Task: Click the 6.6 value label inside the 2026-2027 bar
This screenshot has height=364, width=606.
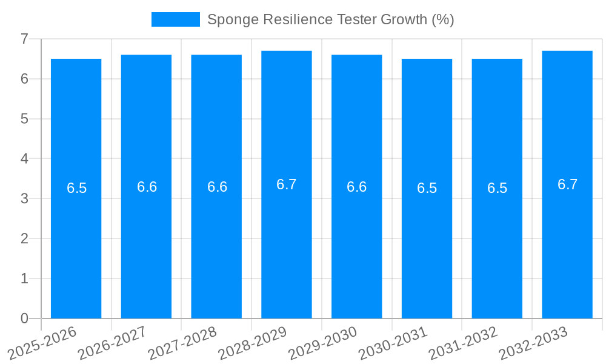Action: (x=147, y=187)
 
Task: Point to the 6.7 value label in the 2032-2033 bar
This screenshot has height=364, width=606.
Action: (x=567, y=184)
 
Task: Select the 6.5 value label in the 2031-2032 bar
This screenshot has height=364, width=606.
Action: (x=497, y=188)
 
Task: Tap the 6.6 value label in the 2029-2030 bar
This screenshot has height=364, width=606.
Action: (x=356, y=187)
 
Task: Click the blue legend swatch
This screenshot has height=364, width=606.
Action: (x=175, y=19)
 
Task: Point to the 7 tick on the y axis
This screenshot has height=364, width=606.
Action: (x=24, y=39)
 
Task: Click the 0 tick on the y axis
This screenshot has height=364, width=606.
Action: (x=24, y=318)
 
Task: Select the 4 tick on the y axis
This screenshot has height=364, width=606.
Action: (x=24, y=159)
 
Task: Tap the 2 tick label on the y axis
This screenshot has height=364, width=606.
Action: (x=24, y=238)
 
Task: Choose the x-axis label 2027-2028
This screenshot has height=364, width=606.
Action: (x=182, y=343)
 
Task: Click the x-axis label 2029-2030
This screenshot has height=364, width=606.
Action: (x=322, y=343)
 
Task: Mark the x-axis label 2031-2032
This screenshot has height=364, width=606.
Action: (x=463, y=343)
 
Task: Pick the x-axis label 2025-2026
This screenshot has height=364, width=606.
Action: (x=42, y=343)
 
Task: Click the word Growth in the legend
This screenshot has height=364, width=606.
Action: (x=404, y=19)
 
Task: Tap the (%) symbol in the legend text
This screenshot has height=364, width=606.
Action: (x=442, y=19)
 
